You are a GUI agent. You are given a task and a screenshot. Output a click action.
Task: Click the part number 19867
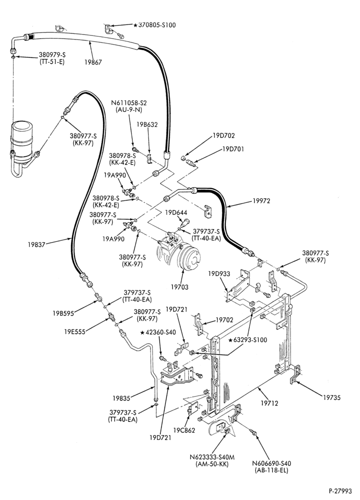[x=93, y=62]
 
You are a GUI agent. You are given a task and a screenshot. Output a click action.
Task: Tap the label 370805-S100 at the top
[x=156, y=25]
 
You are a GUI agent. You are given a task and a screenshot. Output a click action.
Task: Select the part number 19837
[x=36, y=244]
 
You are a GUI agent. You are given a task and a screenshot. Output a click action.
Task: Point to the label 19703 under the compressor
[x=179, y=287]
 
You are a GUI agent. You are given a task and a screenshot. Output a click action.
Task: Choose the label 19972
[x=261, y=201]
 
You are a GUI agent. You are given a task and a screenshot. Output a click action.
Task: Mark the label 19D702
[x=224, y=135]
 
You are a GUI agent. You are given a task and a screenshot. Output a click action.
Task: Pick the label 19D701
[x=233, y=149]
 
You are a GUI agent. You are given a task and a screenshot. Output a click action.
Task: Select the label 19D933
[x=219, y=273]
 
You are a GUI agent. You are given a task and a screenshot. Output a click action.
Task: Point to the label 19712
[x=269, y=403]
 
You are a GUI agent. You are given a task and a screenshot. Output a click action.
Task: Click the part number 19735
[x=331, y=397]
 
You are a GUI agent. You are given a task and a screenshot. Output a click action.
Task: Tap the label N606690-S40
[x=271, y=463]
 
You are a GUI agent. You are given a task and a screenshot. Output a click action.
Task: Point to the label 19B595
[x=63, y=313]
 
